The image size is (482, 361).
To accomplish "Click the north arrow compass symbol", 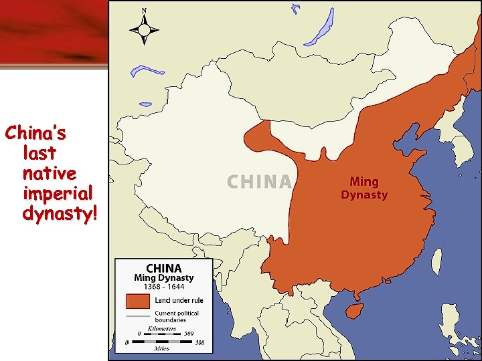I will click(144, 29).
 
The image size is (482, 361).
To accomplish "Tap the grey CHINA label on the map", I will click(260, 182).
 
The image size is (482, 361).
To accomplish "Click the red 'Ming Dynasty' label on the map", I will click(364, 188).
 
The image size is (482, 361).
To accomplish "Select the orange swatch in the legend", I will click(139, 301).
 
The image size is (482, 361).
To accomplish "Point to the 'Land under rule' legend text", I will click(179, 301).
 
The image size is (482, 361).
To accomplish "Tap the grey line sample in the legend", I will click(139, 315).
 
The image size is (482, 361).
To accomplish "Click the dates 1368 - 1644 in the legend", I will click(163, 287).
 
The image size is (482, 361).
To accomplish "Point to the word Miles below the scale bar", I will click(161, 348).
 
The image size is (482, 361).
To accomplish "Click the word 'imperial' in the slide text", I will click(58, 194).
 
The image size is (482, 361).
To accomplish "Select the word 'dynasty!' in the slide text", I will click(60, 214).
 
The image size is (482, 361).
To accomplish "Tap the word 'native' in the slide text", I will click(49, 174).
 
